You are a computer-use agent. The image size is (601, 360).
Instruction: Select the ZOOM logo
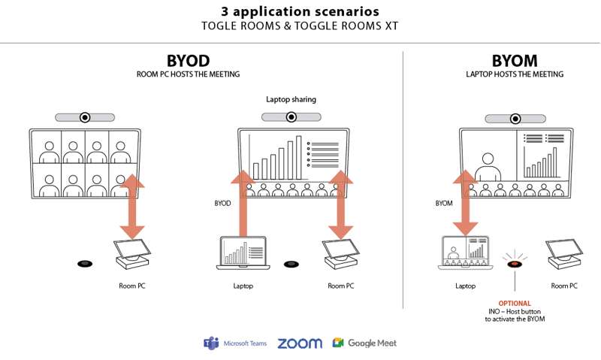(x=300, y=343)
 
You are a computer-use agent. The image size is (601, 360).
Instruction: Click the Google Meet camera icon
(x=338, y=343)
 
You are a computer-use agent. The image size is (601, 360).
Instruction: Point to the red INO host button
(x=515, y=264)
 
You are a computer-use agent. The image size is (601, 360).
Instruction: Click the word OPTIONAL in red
(x=515, y=304)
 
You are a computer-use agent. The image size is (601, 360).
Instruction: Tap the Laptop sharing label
(x=291, y=99)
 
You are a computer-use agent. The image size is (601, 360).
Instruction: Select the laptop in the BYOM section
(x=465, y=254)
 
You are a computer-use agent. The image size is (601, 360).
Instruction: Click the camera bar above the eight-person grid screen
(x=84, y=117)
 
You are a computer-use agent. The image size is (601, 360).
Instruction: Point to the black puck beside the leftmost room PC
(x=84, y=264)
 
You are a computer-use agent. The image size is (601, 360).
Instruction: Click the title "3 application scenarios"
(x=300, y=12)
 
